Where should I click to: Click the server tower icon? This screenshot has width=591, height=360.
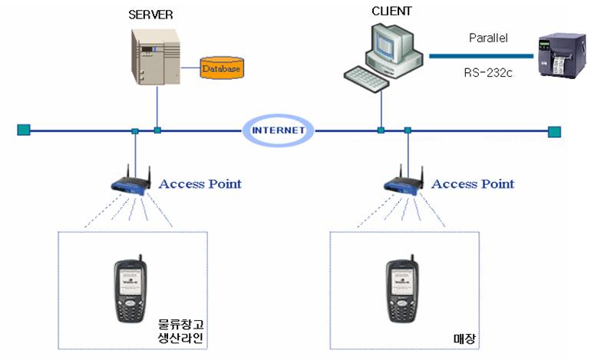[157, 55]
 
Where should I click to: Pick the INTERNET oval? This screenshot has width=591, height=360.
[279, 130]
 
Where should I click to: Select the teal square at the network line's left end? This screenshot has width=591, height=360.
[23, 130]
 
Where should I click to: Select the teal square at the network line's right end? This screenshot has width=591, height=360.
[554, 131]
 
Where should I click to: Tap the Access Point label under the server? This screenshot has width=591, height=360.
[200, 183]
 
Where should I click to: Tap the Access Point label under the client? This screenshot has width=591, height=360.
[473, 183]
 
